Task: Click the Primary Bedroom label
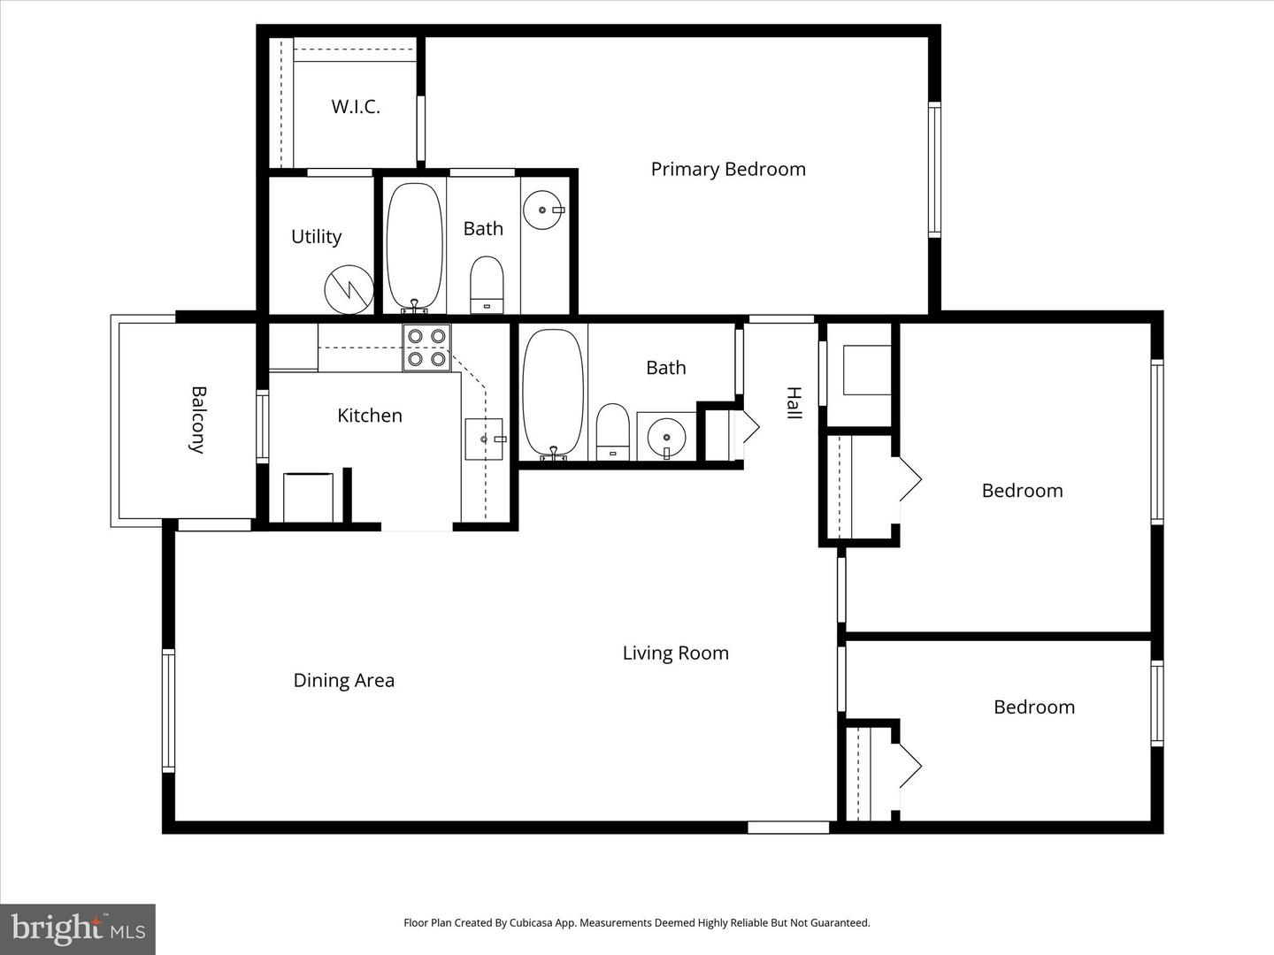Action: (x=728, y=169)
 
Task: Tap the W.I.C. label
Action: (x=356, y=107)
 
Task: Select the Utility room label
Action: (x=316, y=237)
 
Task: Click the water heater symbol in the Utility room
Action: (x=349, y=289)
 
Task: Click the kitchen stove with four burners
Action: (x=426, y=348)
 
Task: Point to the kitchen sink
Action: (x=484, y=439)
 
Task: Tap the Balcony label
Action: (x=198, y=419)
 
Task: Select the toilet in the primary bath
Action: (x=486, y=285)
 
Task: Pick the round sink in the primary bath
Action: (x=543, y=210)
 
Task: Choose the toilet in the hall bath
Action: (x=612, y=432)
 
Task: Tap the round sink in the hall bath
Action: (x=666, y=437)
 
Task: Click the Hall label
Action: (x=794, y=403)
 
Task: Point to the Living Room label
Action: (x=675, y=653)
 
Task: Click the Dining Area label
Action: (x=343, y=680)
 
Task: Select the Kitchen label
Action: (x=369, y=416)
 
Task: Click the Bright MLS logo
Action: (x=78, y=928)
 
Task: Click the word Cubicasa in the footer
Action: (x=532, y=923)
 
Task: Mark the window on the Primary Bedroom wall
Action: (x=933, y=169)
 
